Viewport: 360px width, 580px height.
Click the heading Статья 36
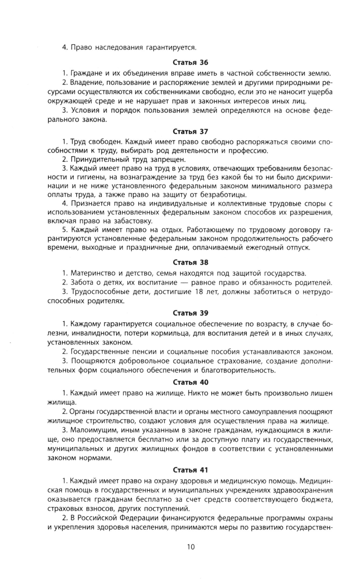point(190,63)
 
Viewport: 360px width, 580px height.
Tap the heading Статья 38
point(190,262)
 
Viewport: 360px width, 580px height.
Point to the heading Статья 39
point(190,313)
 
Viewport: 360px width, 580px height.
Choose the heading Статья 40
point(190,382)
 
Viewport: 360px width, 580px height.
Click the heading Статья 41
point(190,470)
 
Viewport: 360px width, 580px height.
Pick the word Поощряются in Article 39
point(90,361)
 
